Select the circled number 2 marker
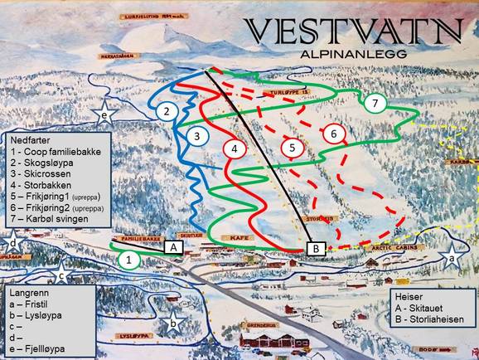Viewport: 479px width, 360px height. (x=167, y=111)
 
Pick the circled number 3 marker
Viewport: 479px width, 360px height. (x=196, y=135)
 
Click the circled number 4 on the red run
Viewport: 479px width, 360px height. (x=235, y=149)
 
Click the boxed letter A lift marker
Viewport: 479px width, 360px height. (x=174, y=246)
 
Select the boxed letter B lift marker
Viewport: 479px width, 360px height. (x=317, y=246)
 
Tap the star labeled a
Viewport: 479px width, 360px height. (x=452, y=258)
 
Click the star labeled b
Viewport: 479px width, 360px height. (x=172, y=322)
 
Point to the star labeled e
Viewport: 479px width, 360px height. (x=104, y=114)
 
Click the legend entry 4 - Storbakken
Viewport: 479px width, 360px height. (x=36, y=186)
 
